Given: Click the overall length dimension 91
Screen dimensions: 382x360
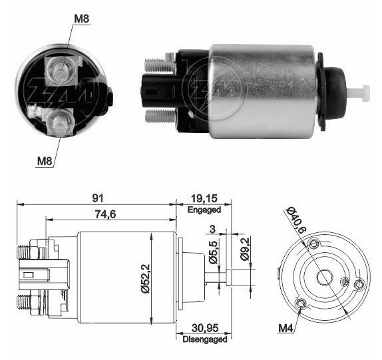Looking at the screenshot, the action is click(x=97, y=198).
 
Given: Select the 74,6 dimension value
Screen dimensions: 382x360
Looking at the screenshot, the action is click(x=106, y=214).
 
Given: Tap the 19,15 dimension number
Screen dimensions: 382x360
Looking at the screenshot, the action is click(x=204, y=198).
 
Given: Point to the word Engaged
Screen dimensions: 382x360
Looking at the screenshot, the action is click(x=204, y=210).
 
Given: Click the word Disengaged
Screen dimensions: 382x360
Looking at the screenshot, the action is click(x=205, y=339).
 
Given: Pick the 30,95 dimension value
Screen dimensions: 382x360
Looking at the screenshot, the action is click(x=205, y=328).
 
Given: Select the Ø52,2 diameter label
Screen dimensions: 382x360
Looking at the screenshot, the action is click(x=146, y=279).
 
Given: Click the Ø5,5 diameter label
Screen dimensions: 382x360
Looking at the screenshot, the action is click(x=214, y=252).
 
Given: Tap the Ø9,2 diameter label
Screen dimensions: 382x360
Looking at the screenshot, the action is click(x=245, y=249).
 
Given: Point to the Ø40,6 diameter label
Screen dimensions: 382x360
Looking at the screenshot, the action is click(x=295, y=220).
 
